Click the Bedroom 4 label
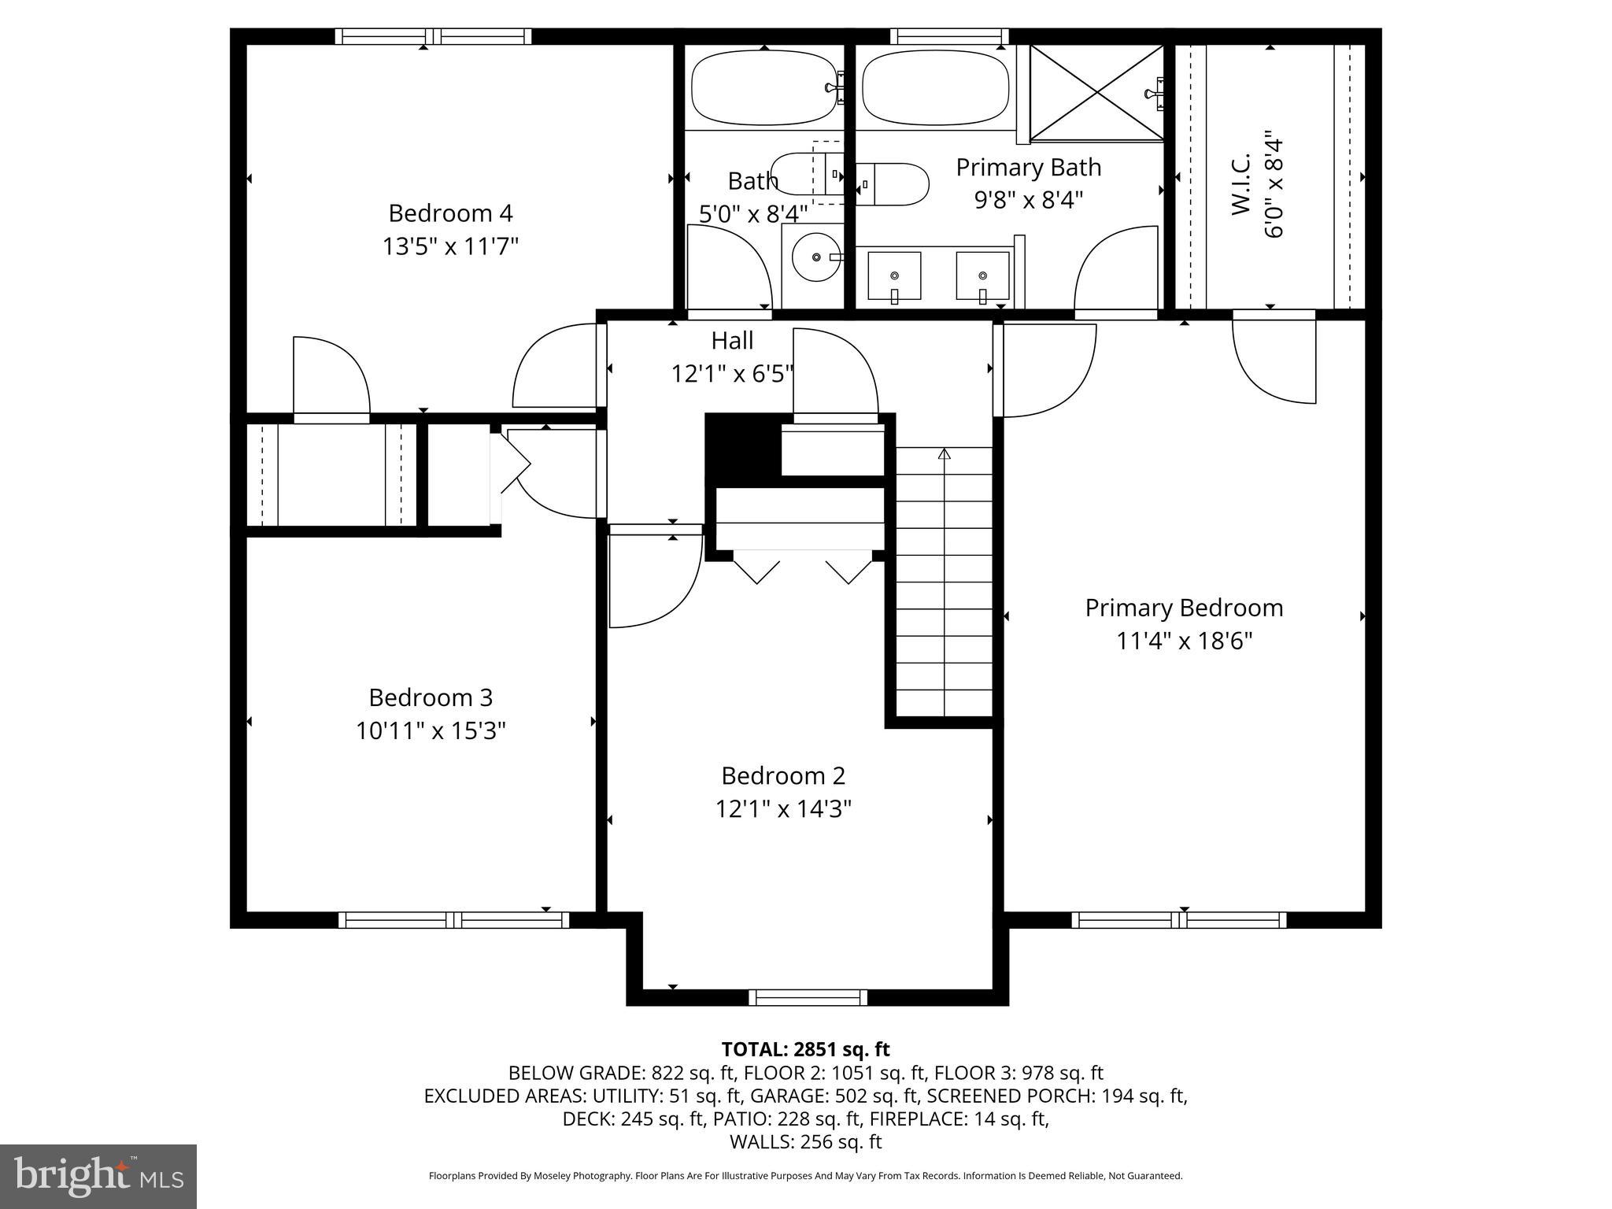(x=450, y=213)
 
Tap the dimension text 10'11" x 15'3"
(x=431, y=731)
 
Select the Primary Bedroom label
(x=1184, y=608)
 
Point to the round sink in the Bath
(x=816, y=257)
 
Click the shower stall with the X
(x=1096, y=93)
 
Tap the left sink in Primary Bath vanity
(x=894, y=276)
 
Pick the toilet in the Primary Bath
(x=893, y=184)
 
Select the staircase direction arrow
(x=945, y=454)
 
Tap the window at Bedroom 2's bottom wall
(x=808, y=997)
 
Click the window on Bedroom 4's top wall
(x=433, y=36)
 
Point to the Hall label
(x=732, y=341)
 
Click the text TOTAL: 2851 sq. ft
(x=805, y=1049)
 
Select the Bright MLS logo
(x=98, y=1176)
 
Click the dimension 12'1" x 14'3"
(x=783, y=809)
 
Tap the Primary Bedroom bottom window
(x=1178, y=919)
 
